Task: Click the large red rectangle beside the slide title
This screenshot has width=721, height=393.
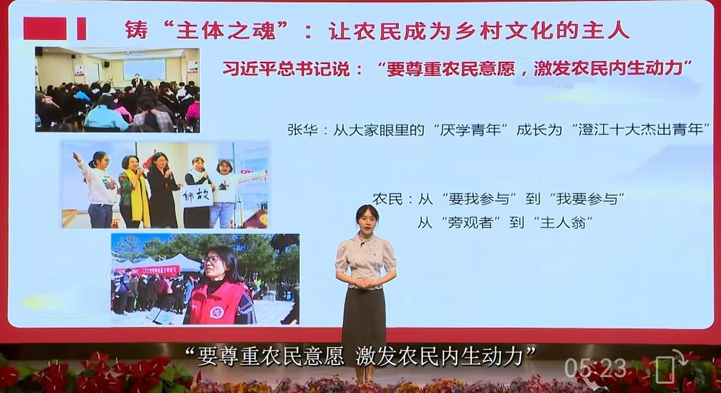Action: click(44, 29)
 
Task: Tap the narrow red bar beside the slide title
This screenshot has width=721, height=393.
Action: click(81, 29)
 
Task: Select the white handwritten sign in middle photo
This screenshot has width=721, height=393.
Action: click(196, 195)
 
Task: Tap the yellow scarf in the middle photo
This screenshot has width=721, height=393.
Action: click(140, 197)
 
